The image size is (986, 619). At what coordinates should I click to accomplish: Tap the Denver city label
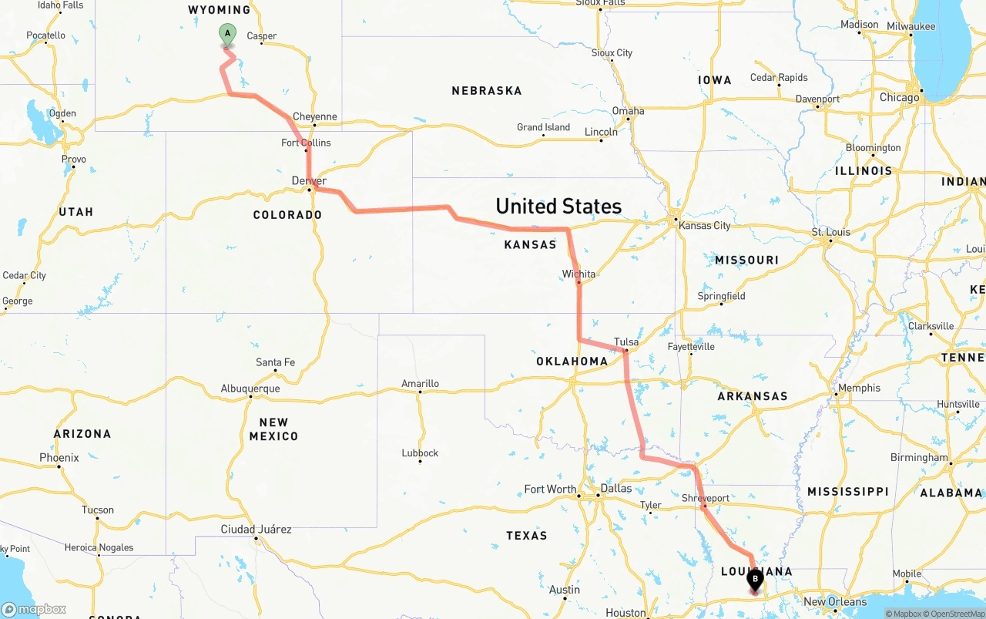pyautogui.click(x=309, y=180)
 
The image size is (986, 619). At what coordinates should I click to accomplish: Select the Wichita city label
pyautogui.click(x=579, y=274)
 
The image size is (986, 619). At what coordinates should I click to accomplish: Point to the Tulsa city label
pyautogui.click(x=626, y=342)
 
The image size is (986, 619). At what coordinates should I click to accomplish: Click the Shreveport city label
pyautogui.click(x=705, y=498)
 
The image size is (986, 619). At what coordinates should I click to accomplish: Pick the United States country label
pyautogui.click(x=558, y=207)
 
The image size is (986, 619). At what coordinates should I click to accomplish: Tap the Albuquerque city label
pyautogui.click(x=250, y=389)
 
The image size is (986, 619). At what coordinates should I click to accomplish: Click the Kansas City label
pyautogui.click(x=704, y=225)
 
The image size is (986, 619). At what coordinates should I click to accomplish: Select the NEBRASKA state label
pyautogui.click(x=486, y=91)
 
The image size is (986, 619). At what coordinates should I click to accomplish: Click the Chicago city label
pyautogui.click(x=900, y=97)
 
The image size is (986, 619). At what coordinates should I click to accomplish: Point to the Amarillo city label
pyautogui.click(x=420, y=383)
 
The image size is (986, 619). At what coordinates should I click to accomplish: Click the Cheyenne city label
pyautogui.click(x=314, y=116)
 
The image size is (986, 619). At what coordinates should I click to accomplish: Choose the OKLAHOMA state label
pyautogui.click(x=572, y=361)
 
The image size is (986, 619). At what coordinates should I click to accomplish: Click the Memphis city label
pyautogui.click(x=859, y=388)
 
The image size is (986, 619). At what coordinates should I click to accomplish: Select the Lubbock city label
pyautogui.click(x=420, y=452)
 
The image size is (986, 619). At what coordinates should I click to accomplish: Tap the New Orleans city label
pyautogui.click(x=835, y=601)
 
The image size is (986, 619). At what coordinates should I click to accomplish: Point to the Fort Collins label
pyautogui.click(x=306, y=143)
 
